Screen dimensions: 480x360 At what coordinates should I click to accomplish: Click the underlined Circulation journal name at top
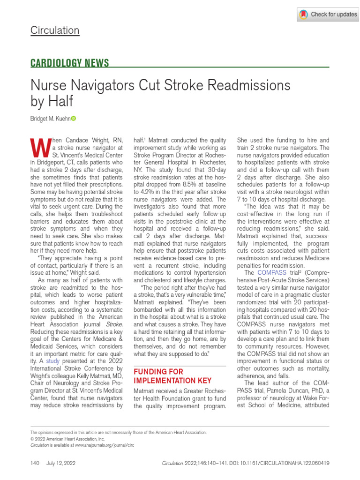55,31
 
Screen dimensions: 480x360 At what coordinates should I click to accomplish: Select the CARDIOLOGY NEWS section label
70,63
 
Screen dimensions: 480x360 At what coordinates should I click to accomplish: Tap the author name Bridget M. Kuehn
50,119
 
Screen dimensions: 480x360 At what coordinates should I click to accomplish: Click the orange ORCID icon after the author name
73,119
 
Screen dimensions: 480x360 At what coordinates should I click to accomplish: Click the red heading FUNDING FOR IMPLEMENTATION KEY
172,376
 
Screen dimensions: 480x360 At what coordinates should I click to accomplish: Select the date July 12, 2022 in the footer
60,463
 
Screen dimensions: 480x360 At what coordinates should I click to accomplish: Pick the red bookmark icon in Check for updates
304,15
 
